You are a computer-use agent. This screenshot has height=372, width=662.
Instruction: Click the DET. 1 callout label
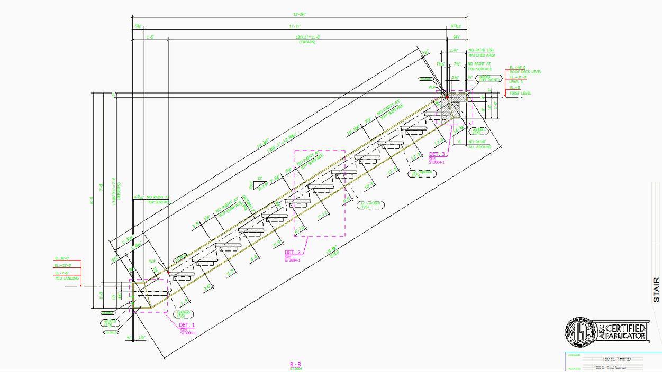click(187, 325)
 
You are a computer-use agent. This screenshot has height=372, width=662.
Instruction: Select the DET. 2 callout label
click(293, 253)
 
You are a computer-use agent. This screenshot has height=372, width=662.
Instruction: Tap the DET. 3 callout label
click(437, 154)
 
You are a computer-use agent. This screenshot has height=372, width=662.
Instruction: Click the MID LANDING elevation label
click(67, 278)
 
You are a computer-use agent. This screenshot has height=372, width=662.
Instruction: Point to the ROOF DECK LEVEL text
click(525, 72)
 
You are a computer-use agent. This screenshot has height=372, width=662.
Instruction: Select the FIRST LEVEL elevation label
click(520, 93)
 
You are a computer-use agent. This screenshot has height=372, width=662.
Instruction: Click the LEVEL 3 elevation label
click(515, 82)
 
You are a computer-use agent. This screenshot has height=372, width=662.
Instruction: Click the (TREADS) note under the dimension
click(307, 42)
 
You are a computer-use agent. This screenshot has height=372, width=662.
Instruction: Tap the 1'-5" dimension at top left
click(150, 38)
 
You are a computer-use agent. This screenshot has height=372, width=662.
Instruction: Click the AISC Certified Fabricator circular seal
click(581, 332)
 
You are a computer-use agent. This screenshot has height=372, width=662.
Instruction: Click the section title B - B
click(295, 365)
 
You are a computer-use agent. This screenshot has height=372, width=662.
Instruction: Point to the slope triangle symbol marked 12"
click(260, 184)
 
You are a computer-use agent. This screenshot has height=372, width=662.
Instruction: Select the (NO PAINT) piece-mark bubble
click(488, 78)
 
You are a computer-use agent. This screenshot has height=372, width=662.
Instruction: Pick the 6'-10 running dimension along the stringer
click(300, 228)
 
